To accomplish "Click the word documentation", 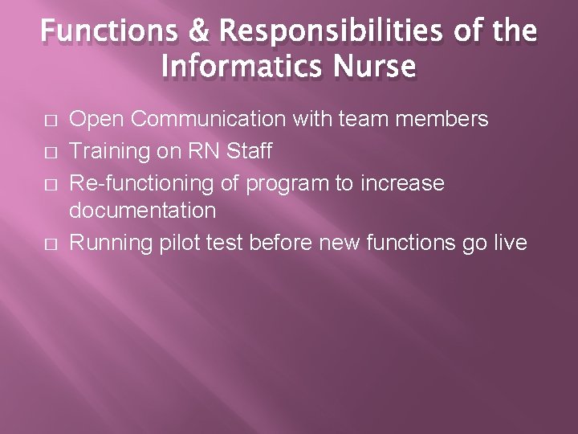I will (x=143, y=211).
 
